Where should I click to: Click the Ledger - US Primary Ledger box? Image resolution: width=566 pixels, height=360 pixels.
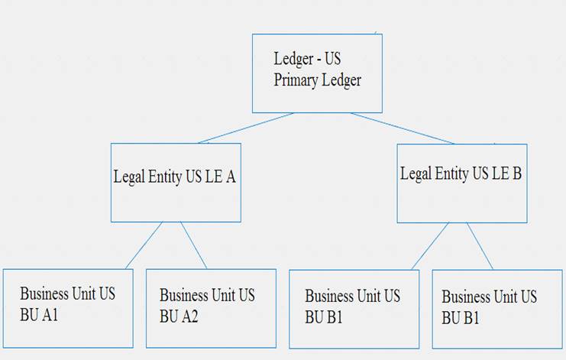(317, 73)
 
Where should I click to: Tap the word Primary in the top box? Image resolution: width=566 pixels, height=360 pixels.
(299, 80)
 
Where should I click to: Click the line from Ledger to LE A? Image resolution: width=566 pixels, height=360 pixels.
(246, 128)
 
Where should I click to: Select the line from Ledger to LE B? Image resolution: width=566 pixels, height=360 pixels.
(403, 128)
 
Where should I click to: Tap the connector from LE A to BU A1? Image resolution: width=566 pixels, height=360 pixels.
(144, 245)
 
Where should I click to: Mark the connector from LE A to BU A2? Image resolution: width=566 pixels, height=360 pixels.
(193, 245)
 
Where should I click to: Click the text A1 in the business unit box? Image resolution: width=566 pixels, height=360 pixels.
(50, 313)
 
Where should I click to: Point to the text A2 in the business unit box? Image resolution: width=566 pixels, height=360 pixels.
(189, 314)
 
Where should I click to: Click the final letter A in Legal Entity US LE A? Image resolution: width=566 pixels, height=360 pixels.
(231, 177)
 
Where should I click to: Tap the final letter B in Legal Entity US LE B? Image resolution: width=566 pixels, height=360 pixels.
(517, 174)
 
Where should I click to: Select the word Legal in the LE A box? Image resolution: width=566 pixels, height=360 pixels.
(129, 177)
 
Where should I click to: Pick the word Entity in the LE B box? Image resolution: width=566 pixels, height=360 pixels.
(451, 174)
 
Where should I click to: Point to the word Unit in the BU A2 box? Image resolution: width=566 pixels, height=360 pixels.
(222, 295)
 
